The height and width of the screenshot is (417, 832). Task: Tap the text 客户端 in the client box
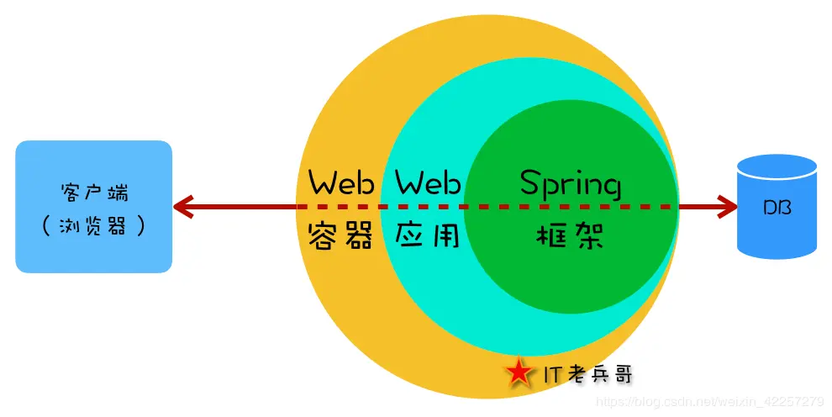pos(94,192)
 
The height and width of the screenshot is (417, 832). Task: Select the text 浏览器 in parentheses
pos(94,226)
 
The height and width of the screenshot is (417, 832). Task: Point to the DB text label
pos(777,208)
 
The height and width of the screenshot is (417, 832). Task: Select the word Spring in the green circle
pos(571,183)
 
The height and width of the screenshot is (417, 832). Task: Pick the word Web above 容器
pos(340,182)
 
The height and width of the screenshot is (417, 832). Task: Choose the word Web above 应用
pos(428,182)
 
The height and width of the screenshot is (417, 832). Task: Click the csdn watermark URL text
pos(710,402)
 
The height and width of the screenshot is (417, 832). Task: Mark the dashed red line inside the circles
pos(487,207)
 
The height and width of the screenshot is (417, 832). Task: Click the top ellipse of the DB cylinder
pos(777,165)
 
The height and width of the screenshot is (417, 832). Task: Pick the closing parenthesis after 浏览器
pos(140,226)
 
